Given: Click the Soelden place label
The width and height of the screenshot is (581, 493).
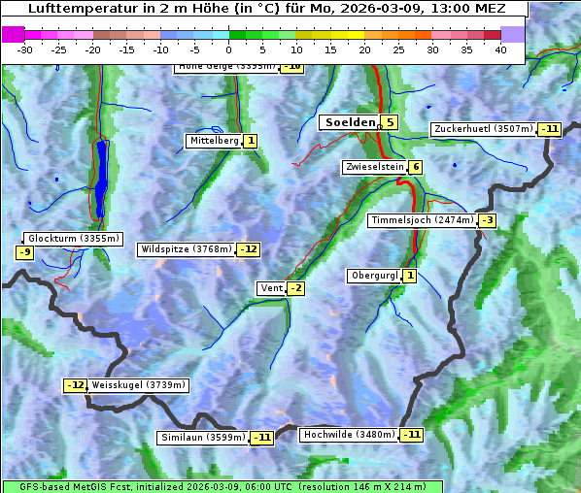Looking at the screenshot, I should tap(349, 122).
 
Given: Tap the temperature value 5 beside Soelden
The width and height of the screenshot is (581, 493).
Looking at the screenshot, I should tap(389, 122).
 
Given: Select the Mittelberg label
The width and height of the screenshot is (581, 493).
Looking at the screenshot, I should tap(214, 141).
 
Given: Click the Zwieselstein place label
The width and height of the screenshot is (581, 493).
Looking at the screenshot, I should tap(374, 167).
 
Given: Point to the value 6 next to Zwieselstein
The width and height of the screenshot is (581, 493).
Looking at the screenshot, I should tap(416, 167).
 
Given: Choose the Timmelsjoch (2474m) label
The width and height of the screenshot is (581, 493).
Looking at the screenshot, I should tap(423, 220).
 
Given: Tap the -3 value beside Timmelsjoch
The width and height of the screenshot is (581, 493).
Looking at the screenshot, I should tap(487, 220).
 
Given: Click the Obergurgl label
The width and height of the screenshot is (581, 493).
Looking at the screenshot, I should tap(374, 276).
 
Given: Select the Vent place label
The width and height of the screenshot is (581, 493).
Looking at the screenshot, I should tap(270, 288).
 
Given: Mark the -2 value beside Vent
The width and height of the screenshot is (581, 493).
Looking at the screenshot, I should tap(295, 288).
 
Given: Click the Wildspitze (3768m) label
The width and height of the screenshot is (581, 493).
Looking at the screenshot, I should tap(187, 249).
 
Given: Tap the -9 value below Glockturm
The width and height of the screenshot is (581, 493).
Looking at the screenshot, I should tap(25, 253).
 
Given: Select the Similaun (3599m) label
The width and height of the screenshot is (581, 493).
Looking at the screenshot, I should tap(203, 438).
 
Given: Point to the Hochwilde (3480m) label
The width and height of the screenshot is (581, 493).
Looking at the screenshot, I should tap(349, 435).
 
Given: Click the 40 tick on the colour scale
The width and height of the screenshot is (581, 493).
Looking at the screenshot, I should tap(500, 49).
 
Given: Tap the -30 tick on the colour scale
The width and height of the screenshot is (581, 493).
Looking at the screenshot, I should tap(25, 49).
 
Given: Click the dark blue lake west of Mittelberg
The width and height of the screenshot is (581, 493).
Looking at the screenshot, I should tap(102, 180).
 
